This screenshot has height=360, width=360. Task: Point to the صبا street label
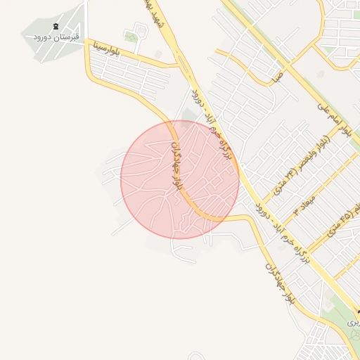[279, 74]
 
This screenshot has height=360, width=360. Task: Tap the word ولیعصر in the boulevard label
[314, 156]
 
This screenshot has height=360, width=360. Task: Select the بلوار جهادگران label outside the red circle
[279, 282]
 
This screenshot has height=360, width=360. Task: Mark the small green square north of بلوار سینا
[131, 37]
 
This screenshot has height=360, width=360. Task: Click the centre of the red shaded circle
[180, 179]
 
